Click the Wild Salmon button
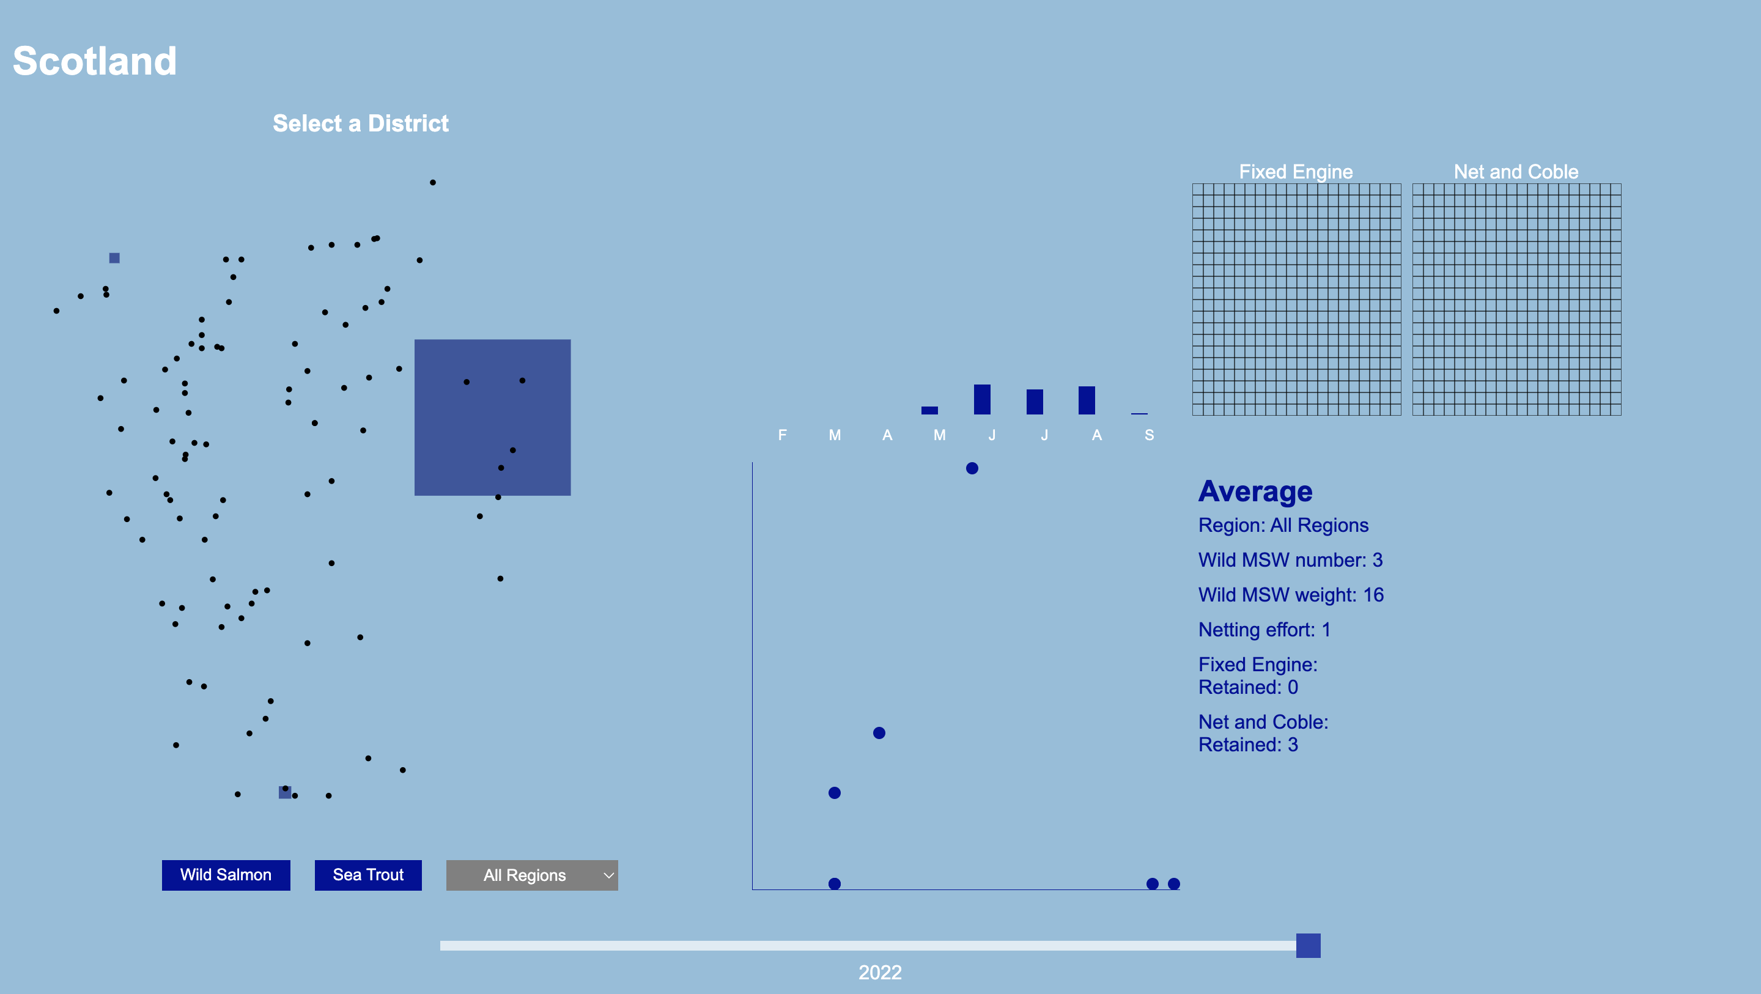pyautogui.click(x=226, y=875)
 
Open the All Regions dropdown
pyautogui.click(x=532, y=875)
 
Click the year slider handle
pyautogui.click(x=1308, y=946)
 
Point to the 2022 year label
pyautogui.click(x=880, y=972)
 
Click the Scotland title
pyautogui.click(x=94, y=61)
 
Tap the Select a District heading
pyautogui.click(x=360, y=123)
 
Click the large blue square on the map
pyautogui.click(x=492, y=417)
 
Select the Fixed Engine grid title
pyautogui.click(x=1296, y=172)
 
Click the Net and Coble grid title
pyautogui.click(x=1516, y=172)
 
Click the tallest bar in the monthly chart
pyautogui.click(x=981, y=399)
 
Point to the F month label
pyautogui.click(x=782, y=435)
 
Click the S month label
pyautogui.click(x=1149, y=435)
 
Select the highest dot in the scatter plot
pyautogui.click(x=972, y=468)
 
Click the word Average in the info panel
pyautogui.click(x=1255, y=491)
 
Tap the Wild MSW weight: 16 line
pyautogui.click(x=1291, y=595)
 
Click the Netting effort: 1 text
pyautogui.click(x=1264, y=630)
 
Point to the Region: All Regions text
pyautogui.click(x=1283, y=525)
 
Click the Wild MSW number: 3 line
pyautogui.click(x=1290, y=560)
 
